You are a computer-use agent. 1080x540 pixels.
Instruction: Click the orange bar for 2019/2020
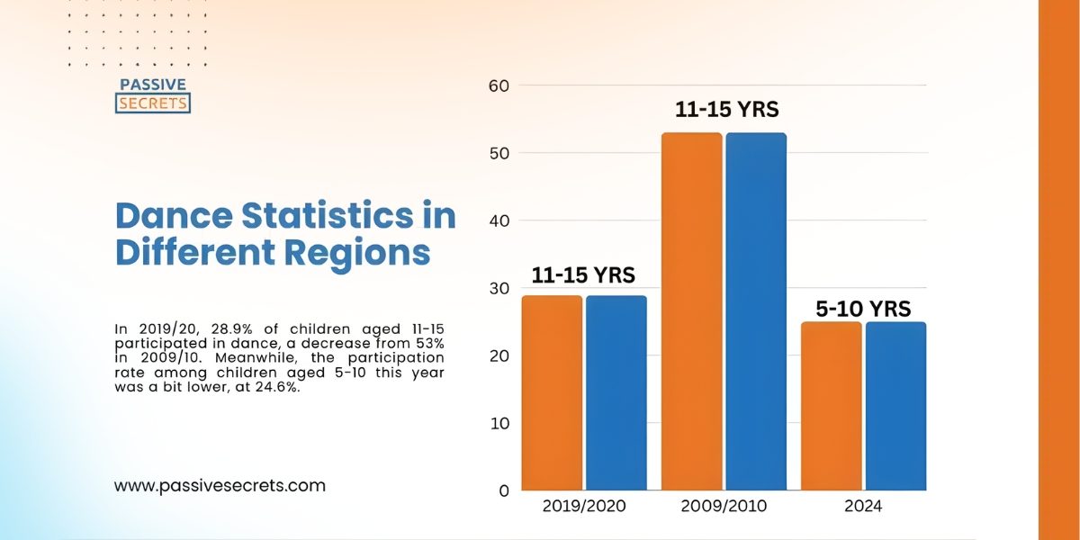553,392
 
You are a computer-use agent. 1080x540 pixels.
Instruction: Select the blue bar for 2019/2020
616,392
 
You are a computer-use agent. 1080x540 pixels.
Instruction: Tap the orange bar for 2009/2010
692,311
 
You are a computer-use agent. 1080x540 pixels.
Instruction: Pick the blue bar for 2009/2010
756,311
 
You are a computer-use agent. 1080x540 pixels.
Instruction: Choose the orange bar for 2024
832,406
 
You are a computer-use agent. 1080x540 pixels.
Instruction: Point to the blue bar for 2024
895,406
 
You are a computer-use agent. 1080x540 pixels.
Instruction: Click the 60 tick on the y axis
499,86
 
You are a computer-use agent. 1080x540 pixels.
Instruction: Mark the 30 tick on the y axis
499,289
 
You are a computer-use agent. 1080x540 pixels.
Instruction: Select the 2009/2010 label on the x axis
724,507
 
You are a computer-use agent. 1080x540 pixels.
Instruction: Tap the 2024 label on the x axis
863,507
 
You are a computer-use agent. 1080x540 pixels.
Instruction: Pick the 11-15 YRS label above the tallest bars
726,110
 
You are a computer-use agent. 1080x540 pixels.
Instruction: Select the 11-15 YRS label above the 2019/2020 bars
583,274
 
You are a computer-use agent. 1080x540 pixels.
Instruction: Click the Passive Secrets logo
153,95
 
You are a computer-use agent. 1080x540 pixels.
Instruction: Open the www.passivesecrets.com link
220,486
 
